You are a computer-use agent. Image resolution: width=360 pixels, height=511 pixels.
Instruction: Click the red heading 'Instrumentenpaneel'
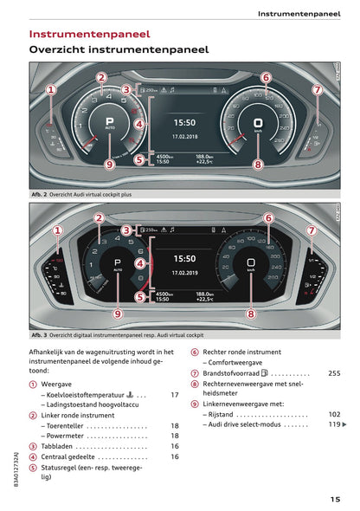pyautogui.click(x=85, y=34)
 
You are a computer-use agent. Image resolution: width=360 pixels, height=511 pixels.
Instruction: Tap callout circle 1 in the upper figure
pyautogui.click(x=51, y=89)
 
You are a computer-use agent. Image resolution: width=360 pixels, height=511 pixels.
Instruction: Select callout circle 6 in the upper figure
pyautogui.click(x=266, y=77)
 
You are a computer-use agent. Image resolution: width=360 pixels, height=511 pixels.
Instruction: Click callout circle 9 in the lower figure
pyautogui.click(x=118, y=314)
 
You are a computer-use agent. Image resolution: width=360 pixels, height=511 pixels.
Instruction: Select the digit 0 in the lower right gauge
pyautogui.click(x=251, y=262)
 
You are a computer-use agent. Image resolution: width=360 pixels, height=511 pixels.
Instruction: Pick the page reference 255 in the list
pyautogui.click(x=334, y=373)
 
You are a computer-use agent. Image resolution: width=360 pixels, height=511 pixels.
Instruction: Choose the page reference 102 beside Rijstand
pyautogui.click(x=334, y=415)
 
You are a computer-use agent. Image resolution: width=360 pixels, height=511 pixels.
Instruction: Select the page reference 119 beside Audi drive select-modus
pyautogui.click(x=332, y=425)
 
